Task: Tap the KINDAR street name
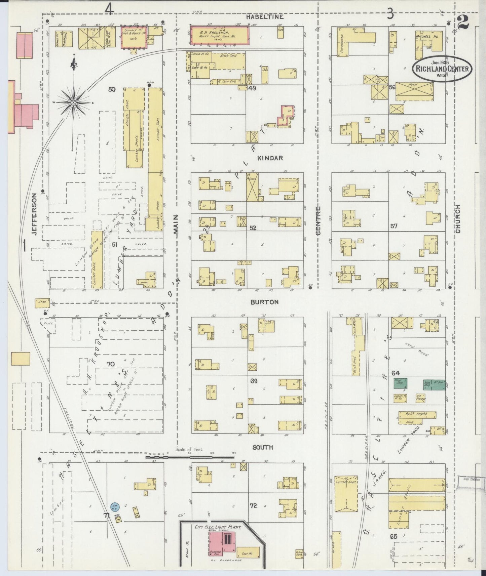tap(270, 158)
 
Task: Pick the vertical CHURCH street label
tap(458, 219)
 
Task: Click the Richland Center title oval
tap(442, 69)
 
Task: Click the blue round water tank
tap(114, 506)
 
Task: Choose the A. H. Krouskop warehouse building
tap(220, 35)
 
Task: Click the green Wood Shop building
tap(400, 383)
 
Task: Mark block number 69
tap(254, 381)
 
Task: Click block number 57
tap(394, 226)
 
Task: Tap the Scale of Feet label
tap(189, 449)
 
